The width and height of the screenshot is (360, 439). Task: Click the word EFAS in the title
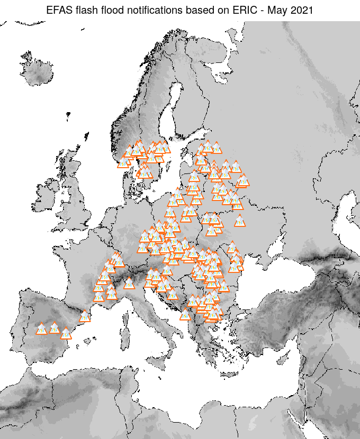pos(59,10)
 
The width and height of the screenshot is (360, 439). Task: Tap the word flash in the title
pos(86,10)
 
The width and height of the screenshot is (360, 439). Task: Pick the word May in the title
pos(272,10)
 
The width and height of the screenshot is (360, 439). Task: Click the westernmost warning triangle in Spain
pos(41,329)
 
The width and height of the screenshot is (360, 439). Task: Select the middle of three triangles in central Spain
pos(54,328)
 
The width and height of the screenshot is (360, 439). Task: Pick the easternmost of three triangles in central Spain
pos(65,333)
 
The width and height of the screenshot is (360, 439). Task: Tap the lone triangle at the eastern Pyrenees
pos(85,316)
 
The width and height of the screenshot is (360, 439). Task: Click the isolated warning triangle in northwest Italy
pos(129,283)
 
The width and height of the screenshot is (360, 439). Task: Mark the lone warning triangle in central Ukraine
pos(240,221)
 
